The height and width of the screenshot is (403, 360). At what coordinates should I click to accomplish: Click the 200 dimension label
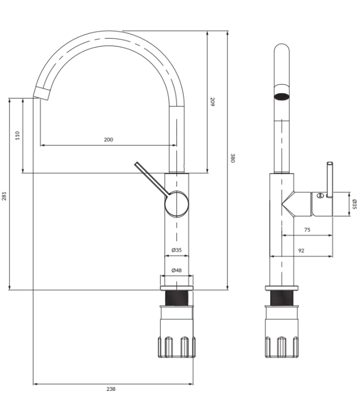tap(108, 139)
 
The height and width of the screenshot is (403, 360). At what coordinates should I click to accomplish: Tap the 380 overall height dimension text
tap(233, 158)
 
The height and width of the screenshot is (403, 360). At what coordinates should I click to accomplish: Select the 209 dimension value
tap(213, 102)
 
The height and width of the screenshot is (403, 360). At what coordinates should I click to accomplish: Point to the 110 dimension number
tap(17, 135)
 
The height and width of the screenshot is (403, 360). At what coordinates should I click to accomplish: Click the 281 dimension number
tap(4, 196)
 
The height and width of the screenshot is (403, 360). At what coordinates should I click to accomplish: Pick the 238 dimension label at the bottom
tap(111, 389)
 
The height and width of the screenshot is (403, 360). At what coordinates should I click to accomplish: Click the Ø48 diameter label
tap(177, 270)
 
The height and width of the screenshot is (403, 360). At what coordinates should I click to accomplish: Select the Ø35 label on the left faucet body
tap(177, 250)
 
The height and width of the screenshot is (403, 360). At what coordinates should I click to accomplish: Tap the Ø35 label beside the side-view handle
tap(354, 204)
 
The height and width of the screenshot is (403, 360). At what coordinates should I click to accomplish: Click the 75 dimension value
tap(307, 230)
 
